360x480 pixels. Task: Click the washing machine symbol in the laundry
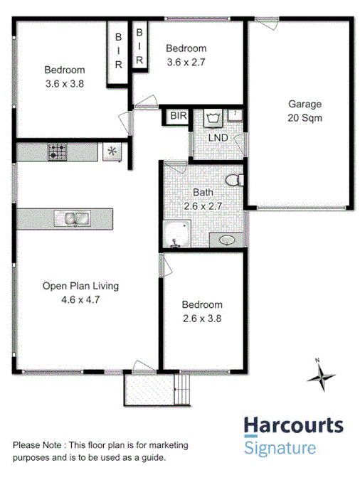pos(212,117)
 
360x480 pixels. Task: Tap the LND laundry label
pos(218,137)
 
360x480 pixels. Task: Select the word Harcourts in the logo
pos(293,426)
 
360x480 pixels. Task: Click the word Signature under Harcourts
pos(280,448)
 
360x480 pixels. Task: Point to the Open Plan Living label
pos(80,293)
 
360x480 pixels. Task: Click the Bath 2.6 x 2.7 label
pos(203,199)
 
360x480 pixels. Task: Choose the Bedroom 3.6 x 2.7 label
pos(186,55)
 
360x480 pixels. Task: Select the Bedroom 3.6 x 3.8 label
pos(64,76)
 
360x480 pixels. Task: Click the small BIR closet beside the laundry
pos(176,115)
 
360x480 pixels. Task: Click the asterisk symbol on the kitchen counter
pos(111,151)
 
